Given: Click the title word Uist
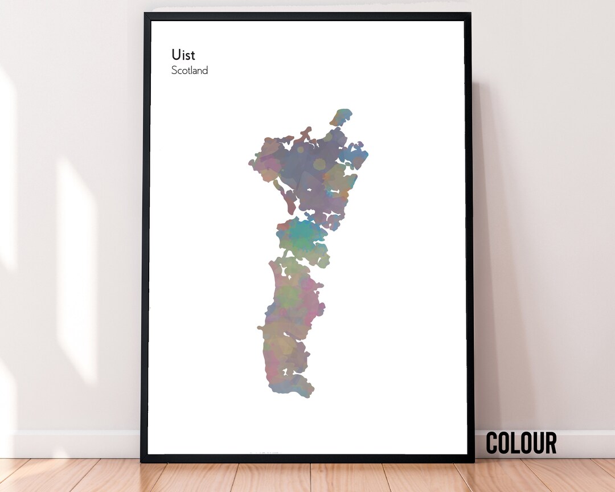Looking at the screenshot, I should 183,55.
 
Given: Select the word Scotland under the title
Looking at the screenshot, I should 190,71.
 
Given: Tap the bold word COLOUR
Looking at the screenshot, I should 521,443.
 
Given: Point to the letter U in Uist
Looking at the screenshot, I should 176,55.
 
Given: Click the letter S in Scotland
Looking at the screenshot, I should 174,71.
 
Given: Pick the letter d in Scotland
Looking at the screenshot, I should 205,71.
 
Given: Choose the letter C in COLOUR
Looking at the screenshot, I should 493,443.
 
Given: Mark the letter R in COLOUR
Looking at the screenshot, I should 550,443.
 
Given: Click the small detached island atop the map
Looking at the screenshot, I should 341,117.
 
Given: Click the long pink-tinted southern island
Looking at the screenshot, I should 290,319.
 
